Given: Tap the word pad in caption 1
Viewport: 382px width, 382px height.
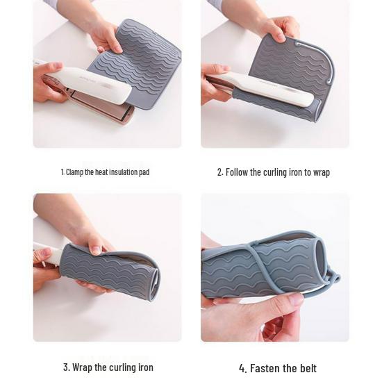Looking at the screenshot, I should [144, 172].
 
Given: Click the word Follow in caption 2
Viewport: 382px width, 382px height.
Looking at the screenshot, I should [240, 172].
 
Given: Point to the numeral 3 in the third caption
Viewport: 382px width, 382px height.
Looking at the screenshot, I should [65, 367].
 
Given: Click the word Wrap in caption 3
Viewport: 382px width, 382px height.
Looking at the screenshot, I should [84, 367].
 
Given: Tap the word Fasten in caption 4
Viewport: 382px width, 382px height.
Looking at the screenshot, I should [266, 368].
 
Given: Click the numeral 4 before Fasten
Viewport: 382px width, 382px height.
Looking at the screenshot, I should [242, 368].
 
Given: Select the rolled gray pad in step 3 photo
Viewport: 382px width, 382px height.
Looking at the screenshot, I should [111, 271].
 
